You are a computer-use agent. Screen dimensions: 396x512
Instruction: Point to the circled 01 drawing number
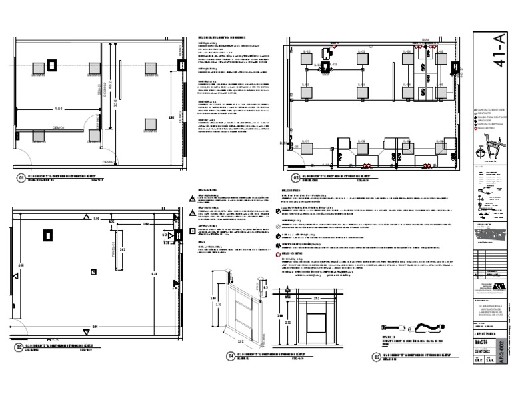21,179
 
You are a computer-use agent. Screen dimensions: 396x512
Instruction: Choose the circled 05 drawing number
377,357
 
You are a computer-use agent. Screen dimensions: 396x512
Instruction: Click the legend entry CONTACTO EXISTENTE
493,109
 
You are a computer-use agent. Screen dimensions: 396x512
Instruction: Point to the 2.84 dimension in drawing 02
145,225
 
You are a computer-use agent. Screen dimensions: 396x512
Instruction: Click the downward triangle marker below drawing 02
85,332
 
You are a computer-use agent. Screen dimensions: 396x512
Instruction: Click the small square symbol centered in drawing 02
93,271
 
